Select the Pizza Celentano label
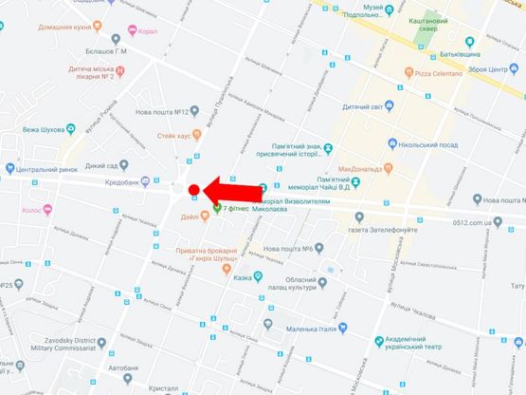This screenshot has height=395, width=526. [x=440, y=72]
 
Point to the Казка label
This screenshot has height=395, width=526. [x=245, y=278]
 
